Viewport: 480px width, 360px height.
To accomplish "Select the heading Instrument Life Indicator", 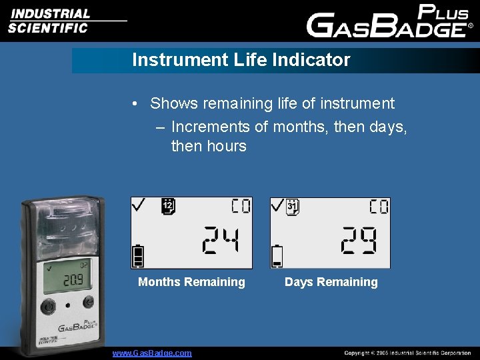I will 241,60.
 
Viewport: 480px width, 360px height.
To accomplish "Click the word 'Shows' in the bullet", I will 174,104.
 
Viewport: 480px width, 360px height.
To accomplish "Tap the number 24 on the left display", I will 218,240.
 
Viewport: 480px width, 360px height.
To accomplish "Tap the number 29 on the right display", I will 357,240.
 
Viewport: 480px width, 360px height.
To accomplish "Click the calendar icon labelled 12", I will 168,207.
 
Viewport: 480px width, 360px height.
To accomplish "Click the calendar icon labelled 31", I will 293,207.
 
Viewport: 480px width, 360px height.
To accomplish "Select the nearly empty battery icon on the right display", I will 277,256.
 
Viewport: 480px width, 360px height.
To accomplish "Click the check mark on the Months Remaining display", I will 139,205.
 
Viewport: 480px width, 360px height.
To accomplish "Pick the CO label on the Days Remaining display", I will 379,207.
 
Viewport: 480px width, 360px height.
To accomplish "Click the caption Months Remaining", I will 191,282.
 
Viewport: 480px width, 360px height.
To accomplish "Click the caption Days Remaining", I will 331,282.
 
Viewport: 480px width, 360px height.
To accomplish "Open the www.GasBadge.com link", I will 152,353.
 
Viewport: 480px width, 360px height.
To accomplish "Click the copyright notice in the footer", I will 407,353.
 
